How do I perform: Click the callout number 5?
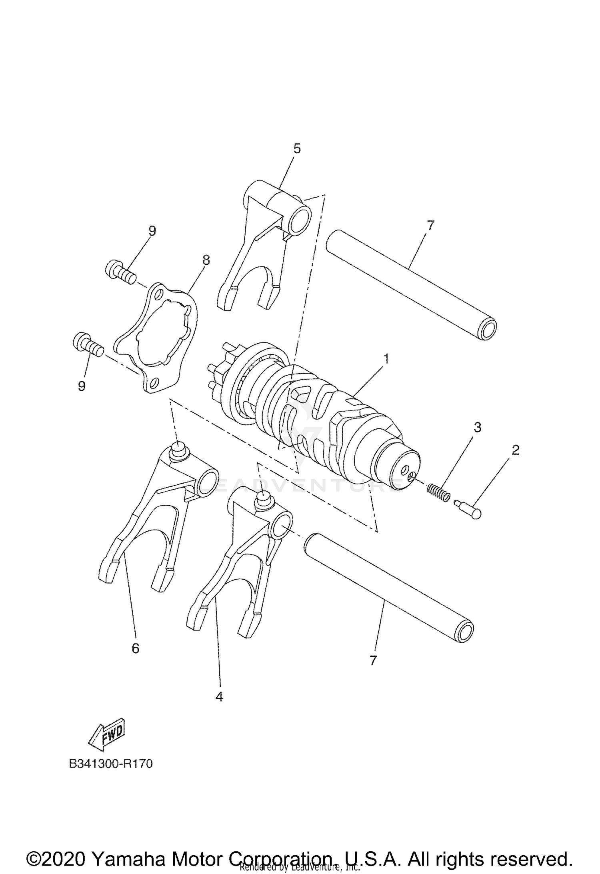pos(296,148)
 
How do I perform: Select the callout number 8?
pos(206,260)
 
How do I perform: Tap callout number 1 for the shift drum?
pos(386,358)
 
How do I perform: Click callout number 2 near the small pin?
pos(515,450)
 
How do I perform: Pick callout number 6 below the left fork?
pos(136,648)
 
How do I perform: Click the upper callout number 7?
pos(430,226)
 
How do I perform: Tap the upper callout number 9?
pos(152,231)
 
